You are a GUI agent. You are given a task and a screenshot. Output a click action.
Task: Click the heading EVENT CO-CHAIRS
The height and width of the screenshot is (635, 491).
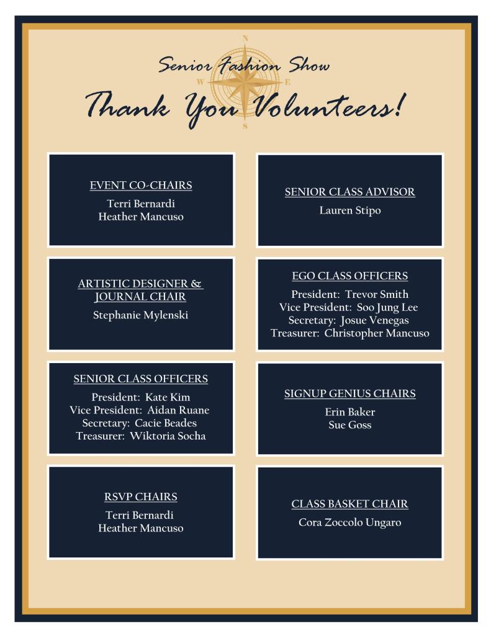click(141, 185)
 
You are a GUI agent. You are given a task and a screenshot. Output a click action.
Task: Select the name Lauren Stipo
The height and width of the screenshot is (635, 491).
click(350, 210)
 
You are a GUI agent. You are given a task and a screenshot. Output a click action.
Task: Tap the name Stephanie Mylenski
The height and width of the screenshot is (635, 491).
click(141, 315)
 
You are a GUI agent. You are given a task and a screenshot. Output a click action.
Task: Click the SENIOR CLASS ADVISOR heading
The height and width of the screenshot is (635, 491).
click(350, 192)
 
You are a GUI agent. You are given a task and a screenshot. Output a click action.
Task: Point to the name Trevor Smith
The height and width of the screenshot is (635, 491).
click(377, 294)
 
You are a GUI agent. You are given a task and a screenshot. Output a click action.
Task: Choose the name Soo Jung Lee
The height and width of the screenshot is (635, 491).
click(387, 307)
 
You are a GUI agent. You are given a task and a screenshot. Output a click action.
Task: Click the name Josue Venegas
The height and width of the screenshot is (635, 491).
click(374, 320)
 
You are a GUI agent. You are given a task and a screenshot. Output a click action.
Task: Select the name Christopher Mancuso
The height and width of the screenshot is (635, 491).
click(376, 333)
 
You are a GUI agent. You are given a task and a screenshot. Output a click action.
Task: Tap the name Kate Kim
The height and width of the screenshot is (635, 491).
click(168, 397)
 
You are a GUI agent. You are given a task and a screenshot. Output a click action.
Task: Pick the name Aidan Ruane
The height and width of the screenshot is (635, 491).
click(178, 410)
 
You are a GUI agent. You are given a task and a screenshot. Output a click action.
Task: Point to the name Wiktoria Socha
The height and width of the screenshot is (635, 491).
click(168, 436)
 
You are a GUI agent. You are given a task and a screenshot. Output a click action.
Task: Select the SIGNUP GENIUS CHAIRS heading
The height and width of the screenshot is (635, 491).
click(350, 394)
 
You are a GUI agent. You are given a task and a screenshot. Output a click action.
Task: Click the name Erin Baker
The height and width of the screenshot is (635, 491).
click(350, 412)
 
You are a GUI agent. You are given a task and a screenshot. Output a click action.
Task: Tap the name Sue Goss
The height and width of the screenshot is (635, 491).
click(350, 425)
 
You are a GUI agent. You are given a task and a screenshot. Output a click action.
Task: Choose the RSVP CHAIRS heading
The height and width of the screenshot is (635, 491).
click(141, 497)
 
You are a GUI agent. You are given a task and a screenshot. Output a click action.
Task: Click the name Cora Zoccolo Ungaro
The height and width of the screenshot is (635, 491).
click(350, 523)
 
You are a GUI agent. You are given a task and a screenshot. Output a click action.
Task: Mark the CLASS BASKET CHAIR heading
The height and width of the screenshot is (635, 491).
click(350, 504)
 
